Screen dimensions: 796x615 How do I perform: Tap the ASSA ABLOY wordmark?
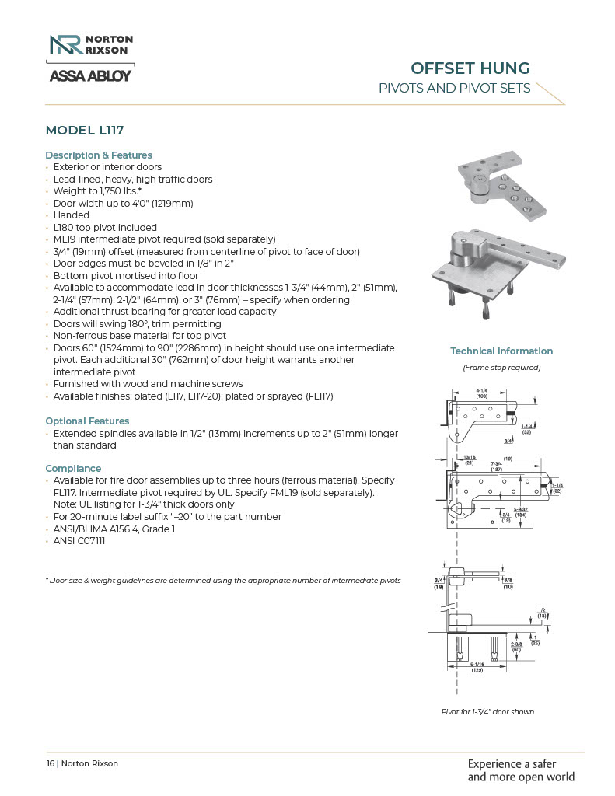(89, 76)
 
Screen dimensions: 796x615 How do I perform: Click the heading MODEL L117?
(85, 130)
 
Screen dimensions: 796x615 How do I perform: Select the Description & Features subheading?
(99, 155)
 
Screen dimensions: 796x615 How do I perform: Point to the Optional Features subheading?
(87, 421)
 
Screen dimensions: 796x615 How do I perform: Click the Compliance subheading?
(73, 469)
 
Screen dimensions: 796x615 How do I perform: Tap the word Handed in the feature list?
(71, 215)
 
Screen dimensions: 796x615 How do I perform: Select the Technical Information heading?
(501, 351)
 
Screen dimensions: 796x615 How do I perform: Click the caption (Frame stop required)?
(501, 367)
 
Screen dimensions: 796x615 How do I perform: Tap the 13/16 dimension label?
(470, 459)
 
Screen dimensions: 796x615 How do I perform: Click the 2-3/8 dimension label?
(516, 645)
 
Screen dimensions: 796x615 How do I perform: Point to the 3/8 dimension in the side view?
(508, 580)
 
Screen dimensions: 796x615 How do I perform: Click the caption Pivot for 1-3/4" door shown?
(487, 711)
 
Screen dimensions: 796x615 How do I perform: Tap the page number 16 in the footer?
(50, 763)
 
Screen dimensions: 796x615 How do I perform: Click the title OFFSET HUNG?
(470, 68)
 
